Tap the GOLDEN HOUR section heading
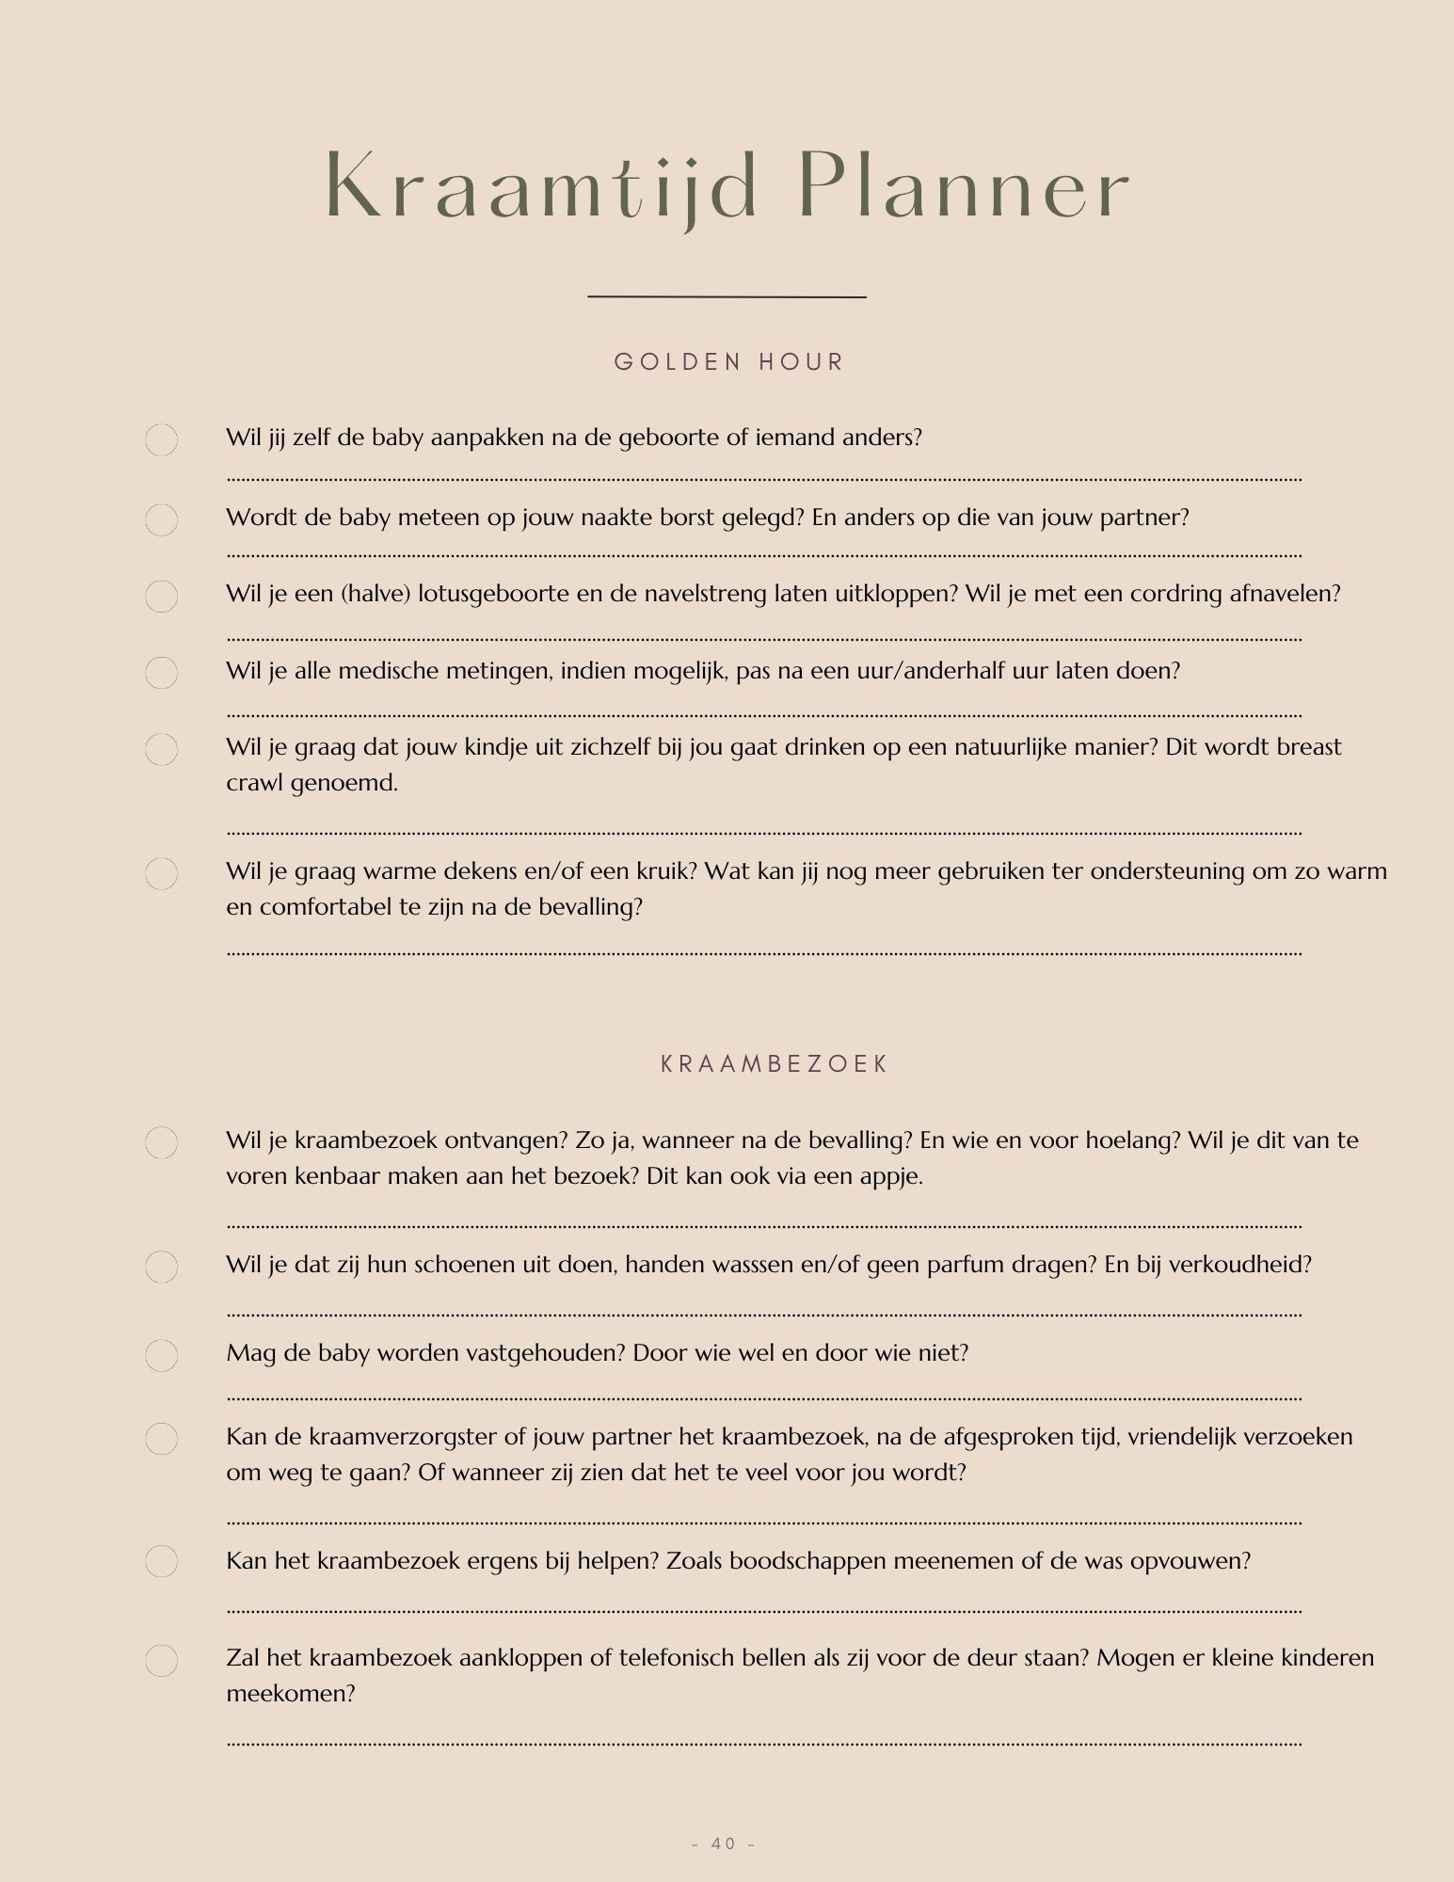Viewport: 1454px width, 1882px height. [728, 362]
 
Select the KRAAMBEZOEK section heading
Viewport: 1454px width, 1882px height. [775, 1064]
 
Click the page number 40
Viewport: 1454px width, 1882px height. [724, 1843]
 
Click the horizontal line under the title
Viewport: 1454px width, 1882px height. [727, 297]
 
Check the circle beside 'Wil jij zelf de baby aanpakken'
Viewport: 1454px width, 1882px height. [162, 439]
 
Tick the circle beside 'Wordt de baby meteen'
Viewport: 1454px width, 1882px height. [162, 519]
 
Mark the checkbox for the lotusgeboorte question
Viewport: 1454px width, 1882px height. [162, 597]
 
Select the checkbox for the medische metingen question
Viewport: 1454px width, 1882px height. [162, 673]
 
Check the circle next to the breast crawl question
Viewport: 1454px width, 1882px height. [162, 749]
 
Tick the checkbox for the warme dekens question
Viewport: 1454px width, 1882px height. [162, 873]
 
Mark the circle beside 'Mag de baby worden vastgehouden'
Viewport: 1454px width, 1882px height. [162, 1355]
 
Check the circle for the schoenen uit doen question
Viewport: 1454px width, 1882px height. [162, 1267]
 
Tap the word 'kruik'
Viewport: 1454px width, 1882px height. [663, 871]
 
